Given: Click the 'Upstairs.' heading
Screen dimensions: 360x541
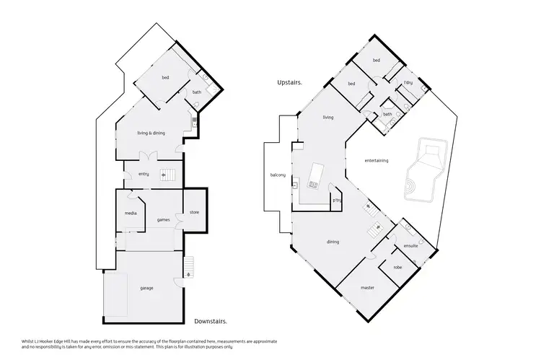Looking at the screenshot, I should coord(289,83).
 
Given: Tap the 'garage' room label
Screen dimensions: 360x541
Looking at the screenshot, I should coord(146,288).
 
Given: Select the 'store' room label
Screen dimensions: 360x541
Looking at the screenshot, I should coord(194,212).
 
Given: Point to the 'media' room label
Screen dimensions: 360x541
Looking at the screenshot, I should coord(131,213).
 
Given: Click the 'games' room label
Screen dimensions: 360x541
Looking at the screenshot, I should coord(163,219).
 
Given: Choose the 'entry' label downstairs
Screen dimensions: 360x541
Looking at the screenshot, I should coord(144,173).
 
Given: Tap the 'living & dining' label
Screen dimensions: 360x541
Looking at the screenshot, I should coord(151,133).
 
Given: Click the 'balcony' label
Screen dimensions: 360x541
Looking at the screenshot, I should coord(278,175).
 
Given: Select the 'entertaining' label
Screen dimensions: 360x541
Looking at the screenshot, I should coord(377,160).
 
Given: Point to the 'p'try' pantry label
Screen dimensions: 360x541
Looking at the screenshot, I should coord(336,200).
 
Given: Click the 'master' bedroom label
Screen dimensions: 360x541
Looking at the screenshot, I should coord(367,288).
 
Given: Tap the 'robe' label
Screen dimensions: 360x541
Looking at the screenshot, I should coord(397,268).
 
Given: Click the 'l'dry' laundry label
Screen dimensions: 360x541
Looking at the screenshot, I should coord(408,83).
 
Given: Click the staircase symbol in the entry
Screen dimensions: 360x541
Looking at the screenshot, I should coord(167,173).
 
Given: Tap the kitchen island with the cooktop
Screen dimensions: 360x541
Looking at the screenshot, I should coord(315,175).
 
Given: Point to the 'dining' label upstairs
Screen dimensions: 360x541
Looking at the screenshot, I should coord(333,242).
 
